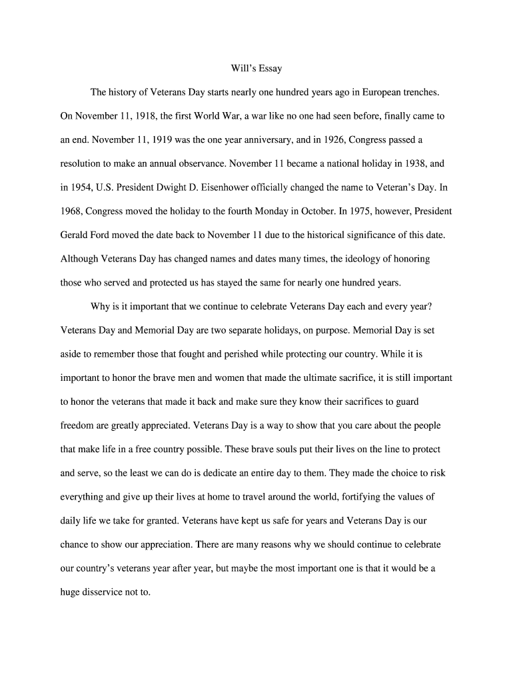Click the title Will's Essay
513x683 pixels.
click(256, 68)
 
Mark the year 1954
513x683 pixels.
click(83, 187)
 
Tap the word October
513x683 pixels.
click(316, 211)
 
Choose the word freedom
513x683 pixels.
click(79, 425)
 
